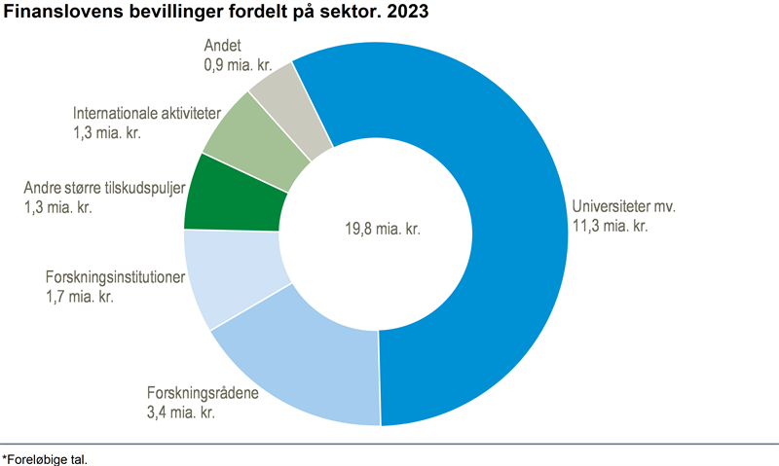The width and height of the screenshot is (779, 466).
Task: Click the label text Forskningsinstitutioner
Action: (x=115, y=277)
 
